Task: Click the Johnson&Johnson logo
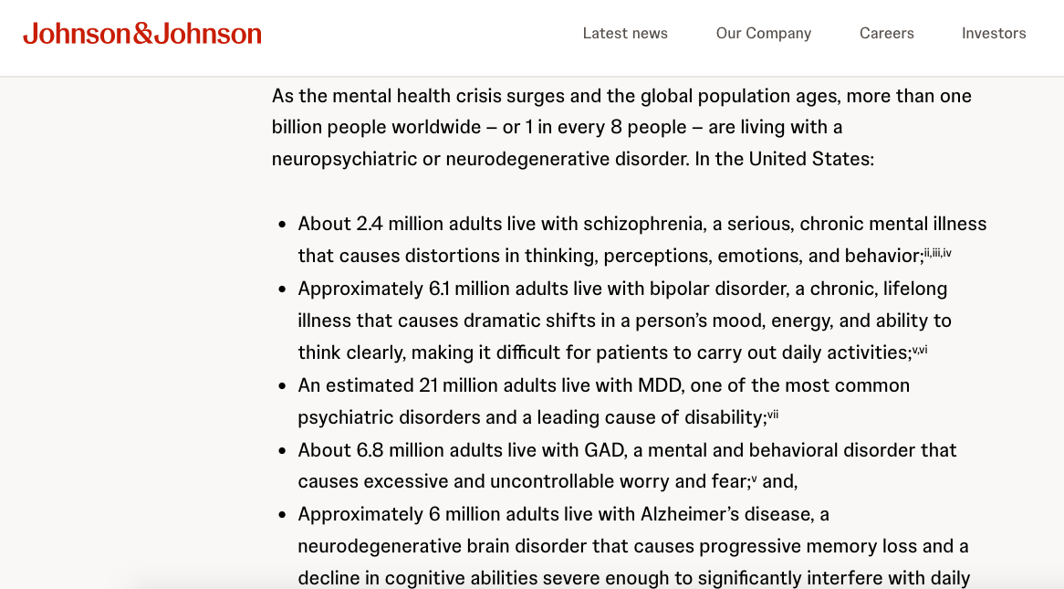coord(142,34)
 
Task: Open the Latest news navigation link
coord(625,34)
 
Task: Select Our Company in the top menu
coord(764,34)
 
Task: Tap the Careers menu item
coord(887,34)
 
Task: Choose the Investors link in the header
coord(994,34)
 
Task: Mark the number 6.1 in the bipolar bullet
coord(439,289)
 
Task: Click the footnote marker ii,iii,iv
coord(937,253)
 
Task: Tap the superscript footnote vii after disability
coord(773,415)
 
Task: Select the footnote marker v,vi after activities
coord(920,350)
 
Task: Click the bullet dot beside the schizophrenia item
coord(283,225)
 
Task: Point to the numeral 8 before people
coord(616,128)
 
